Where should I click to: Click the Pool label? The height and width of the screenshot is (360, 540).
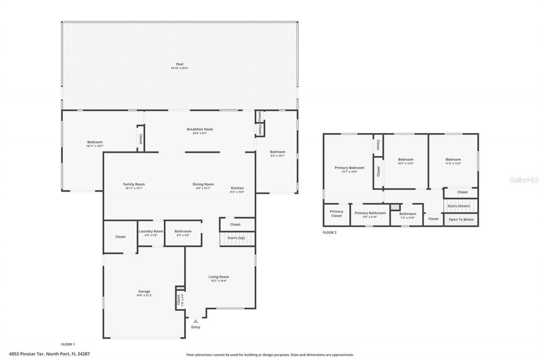[180, 65]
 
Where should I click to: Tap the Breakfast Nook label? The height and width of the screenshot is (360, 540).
[200, 129]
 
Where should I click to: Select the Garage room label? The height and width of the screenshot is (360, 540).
[144, 292]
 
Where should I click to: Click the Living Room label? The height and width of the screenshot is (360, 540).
[219, 277]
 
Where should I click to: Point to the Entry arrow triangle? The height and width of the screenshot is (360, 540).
[195, 321]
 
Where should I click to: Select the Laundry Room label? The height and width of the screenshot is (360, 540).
[151, 231]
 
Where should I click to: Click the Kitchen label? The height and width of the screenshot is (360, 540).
[237, 188]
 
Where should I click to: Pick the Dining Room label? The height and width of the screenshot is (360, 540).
[203, 184]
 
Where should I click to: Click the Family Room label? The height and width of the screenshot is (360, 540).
[134, 184]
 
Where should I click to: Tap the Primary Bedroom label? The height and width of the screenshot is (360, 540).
[349, 168]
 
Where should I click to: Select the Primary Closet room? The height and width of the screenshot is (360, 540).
[336, 214]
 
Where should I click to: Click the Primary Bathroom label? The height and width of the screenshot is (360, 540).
[370, 213]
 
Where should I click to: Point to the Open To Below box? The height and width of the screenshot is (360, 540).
[461, 219]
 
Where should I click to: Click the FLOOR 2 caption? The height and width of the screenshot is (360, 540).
[329, 232]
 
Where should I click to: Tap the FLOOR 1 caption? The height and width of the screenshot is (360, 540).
[68, 344]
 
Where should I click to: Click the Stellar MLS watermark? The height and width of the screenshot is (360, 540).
[524, 180]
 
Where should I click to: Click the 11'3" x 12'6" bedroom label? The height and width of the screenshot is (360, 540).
[454, 160]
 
